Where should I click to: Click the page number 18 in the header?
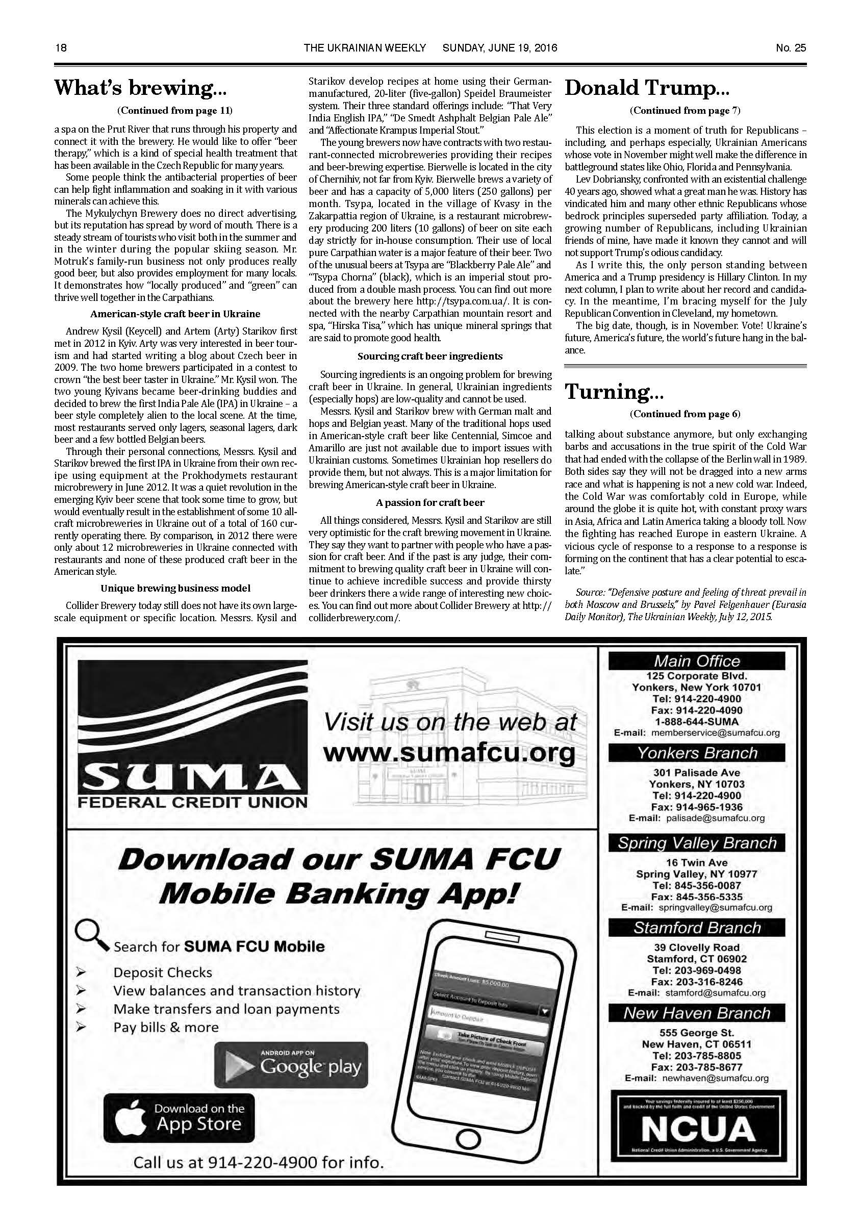tap(60, 48)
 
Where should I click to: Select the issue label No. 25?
tap(791, 48)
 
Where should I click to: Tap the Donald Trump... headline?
tap(647, 88)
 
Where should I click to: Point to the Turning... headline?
tap(607, 392)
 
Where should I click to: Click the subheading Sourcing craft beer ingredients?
tap(429, 355)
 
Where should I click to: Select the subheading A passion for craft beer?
tap(429, 502)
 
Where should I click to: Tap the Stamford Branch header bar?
tap(697, 928)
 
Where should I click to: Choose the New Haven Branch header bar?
tap(697, 1013)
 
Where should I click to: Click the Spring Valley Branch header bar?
tap(697, 843)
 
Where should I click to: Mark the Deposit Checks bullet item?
tap(163, 973)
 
